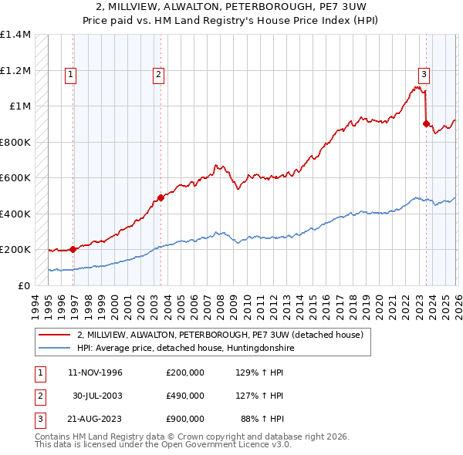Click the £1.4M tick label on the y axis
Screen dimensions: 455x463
pyautogui.click(x=15, y=35)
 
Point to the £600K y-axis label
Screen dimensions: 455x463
pyautogui.click(x=15, y=178)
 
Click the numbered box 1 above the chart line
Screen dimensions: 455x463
pyautogui.click(x=70, y=75)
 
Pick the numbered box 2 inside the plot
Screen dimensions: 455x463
pyautogui.click(x=158, y=75)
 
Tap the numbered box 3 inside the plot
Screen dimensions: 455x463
pyautogui.click(x=424, y=75)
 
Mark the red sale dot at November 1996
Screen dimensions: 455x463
pyautogui.click(x=73, y=249)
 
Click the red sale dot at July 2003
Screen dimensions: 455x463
pyautogui.click(x=161, y=197)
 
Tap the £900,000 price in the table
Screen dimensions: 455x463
pyautogui.click(x=184, y=419)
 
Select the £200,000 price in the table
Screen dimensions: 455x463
pyautogui.click(x=184, y=372)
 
